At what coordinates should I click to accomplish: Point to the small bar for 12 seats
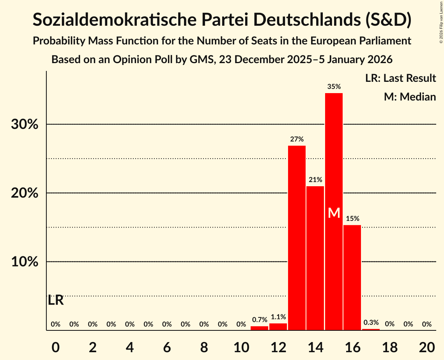click(x=278, y=327)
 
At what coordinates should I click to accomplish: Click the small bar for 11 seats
click(x=260, y=328)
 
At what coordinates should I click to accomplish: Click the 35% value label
click(x=334, y=87)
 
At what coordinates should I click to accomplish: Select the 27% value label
click(x=297, y=139)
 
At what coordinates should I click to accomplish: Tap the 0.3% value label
click(x=371, y=323)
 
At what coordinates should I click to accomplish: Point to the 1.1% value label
click(x=278, y=317)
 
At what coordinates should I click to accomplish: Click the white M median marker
click(x=334, y=213)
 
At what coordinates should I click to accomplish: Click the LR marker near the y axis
click(x=56, y=300)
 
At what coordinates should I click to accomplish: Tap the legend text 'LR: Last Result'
click(x=400, y=78)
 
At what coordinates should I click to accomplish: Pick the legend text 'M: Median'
click(x=410, y=97)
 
